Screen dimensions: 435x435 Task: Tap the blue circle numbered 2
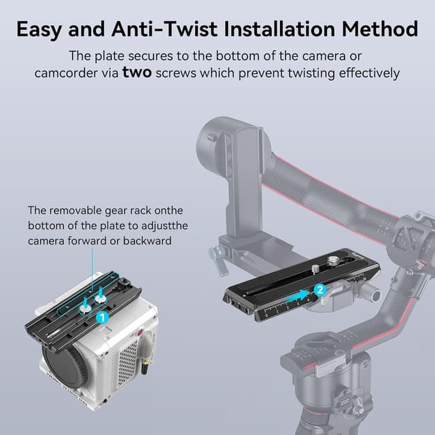point(320,289)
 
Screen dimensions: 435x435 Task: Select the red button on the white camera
point(139,334)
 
